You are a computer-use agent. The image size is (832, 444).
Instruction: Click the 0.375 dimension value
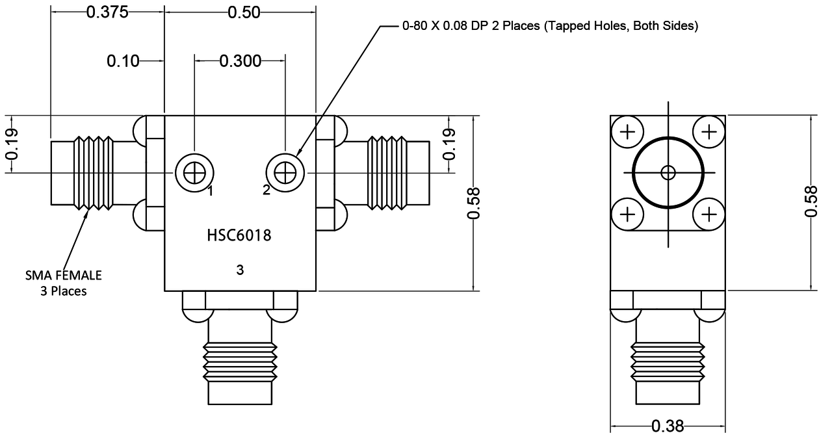click(x=107, y=12)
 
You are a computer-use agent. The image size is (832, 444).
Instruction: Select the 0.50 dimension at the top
click(x=240, y=12)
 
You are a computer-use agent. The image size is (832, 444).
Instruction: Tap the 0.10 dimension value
click(x=123, y=61)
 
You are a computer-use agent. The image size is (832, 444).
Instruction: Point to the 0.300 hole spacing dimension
click(x=240, y=61)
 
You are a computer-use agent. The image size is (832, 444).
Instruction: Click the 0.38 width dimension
click(x=668, y=426)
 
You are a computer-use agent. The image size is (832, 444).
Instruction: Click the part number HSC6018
click(x=239, y=235)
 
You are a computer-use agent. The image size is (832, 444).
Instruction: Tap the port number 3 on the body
click(x=239, y=270)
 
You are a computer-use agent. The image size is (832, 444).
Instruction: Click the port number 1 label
click(x=211, y=190)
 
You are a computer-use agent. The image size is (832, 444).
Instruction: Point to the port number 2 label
click(x=266, y=190)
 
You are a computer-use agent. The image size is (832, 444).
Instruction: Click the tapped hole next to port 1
click(x=194, y=173)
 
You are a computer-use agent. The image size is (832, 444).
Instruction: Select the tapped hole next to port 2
click(x=285, y=173)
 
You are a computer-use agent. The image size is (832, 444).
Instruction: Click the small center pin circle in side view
click(x=668, y=173)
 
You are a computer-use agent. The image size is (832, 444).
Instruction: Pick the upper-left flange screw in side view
click(x=627, y=133)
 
